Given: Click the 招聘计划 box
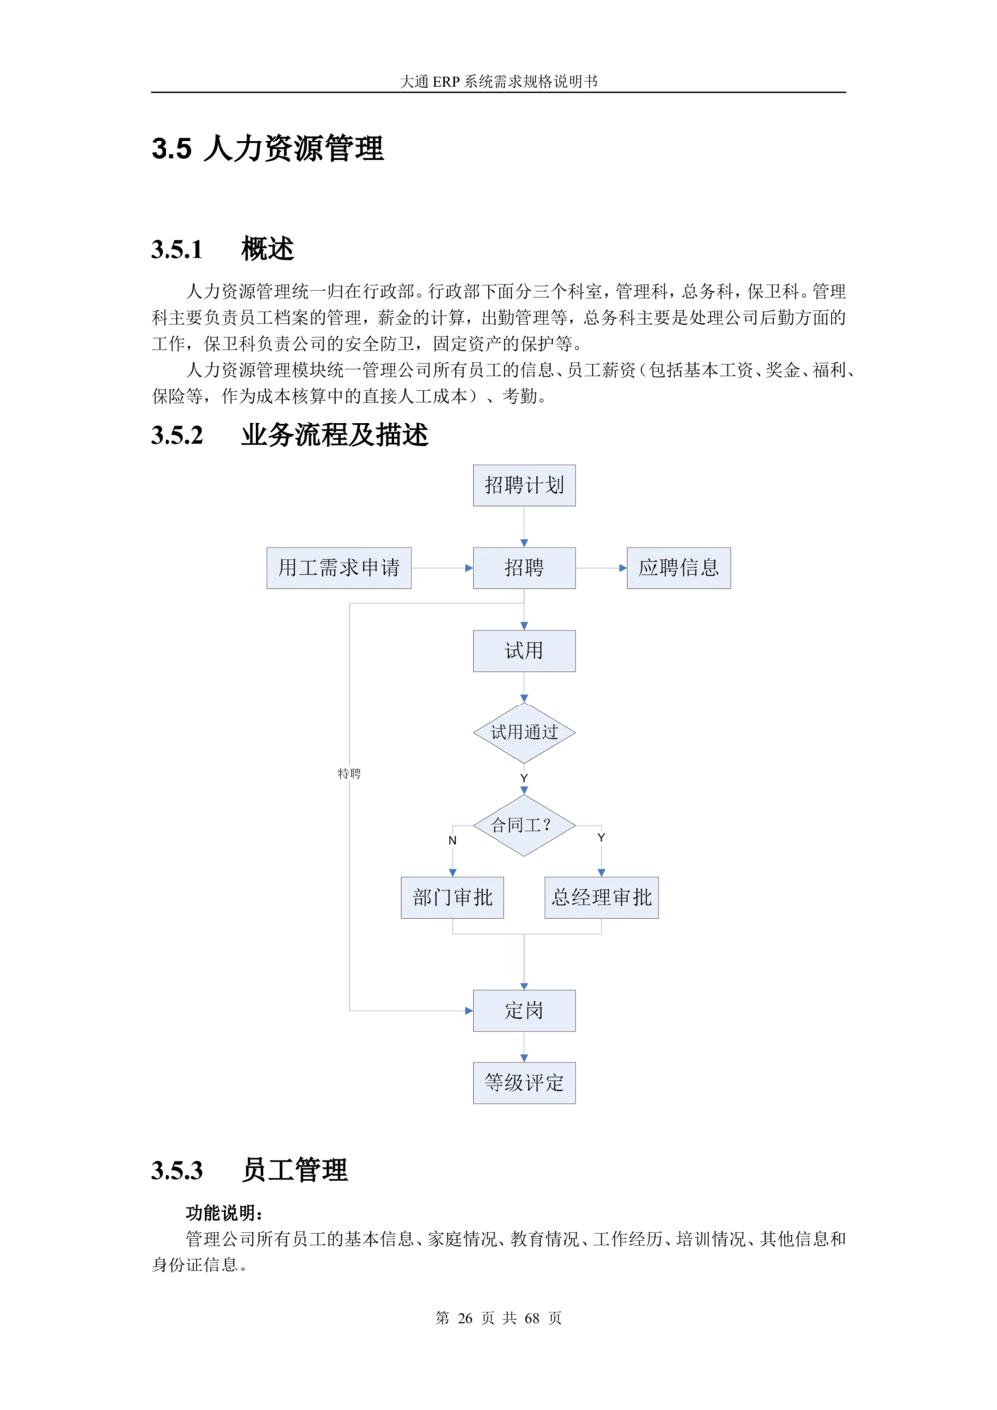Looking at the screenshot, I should tap(524, 485).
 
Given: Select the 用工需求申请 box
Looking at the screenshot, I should tap(339, 568).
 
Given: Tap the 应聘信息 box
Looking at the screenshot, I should tap(678, 568).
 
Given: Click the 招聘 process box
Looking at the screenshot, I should tap(524, 568).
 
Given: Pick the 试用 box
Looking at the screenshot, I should tap(524, 651).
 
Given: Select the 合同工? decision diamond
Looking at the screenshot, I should tap(524, 826).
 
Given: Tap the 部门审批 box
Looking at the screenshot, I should tap(453, 897).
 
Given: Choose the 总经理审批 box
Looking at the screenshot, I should tap(602, 897).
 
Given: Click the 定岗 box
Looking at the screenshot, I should tap(524, 1010).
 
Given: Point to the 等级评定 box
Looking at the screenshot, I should tap(524, 1083).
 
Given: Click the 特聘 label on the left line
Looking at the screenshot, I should tap(349, 774).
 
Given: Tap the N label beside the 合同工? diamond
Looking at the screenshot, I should tap(452, 840).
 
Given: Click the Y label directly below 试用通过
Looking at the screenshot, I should tap(524, 778).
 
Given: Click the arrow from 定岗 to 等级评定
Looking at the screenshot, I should tap(524, 1047).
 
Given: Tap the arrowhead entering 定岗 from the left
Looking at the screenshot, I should tap(467, 1011).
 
